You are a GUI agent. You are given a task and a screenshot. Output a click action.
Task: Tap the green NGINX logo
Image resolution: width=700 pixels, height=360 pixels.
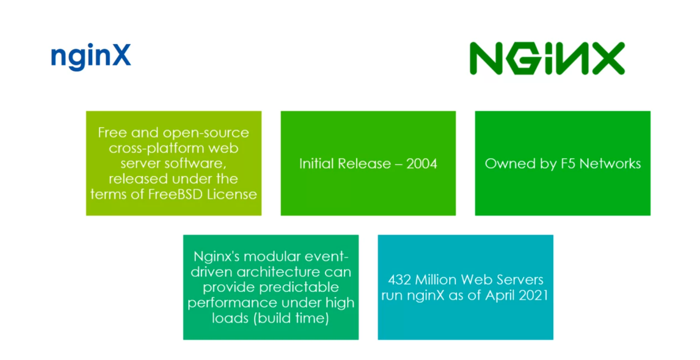[x=547, y=58]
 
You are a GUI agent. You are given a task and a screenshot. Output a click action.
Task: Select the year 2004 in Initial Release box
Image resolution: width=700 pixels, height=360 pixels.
[x=421, y=164]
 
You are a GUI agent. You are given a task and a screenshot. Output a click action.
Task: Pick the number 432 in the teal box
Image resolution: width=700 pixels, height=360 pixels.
[x=401, y=280]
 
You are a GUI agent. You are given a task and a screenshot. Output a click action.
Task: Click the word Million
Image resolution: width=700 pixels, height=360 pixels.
[x=437, y=280]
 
